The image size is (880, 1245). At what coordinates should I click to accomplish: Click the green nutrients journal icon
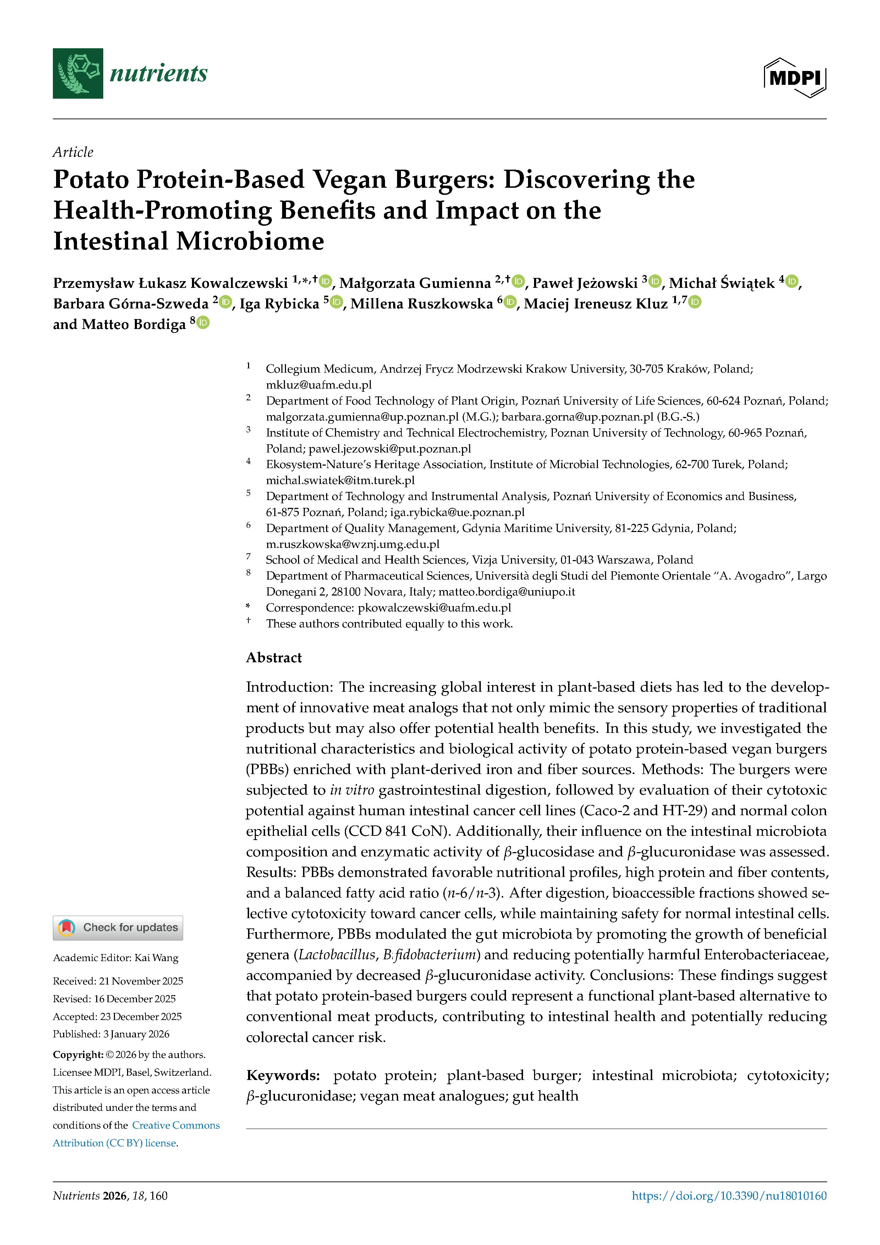[78, 73]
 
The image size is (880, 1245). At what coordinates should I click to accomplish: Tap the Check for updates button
[118, 927]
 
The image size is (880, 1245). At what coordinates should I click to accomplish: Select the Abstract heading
[274, 658]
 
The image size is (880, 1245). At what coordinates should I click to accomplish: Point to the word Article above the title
[73, 152]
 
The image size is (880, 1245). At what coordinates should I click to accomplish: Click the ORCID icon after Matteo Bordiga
[203, 323]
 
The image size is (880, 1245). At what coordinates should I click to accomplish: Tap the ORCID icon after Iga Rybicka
[337, 303]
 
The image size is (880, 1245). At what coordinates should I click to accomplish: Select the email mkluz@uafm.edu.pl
[319, 384]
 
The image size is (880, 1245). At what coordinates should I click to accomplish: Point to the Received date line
[118, 981]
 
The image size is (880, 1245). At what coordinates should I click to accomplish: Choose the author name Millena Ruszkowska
[421, 304]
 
